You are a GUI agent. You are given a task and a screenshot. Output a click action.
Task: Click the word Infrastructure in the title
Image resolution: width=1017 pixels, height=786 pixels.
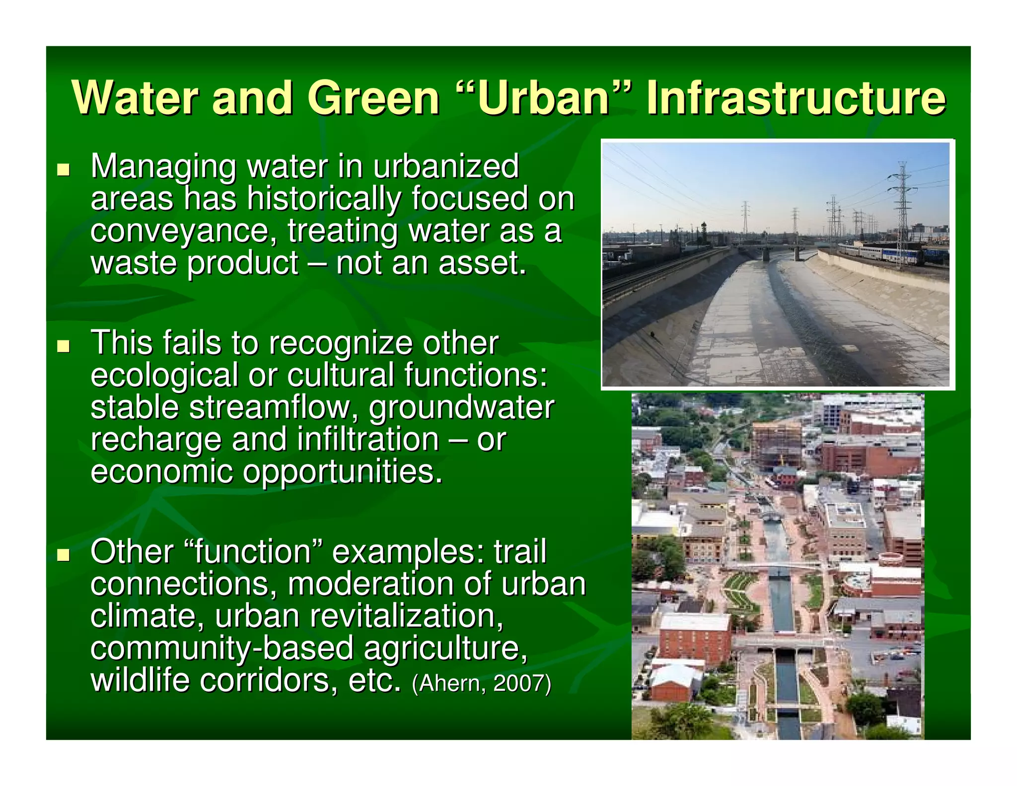click(796, 98)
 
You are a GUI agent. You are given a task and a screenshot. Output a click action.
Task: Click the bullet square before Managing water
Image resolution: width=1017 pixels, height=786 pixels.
click(63, 170)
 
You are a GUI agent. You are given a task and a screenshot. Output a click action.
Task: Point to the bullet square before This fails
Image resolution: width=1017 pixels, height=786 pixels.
click(63, 346)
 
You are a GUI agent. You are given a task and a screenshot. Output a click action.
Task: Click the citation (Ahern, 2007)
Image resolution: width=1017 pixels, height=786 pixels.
click(481, 683)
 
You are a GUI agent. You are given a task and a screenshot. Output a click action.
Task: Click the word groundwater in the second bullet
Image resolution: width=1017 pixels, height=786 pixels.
click(461, 408)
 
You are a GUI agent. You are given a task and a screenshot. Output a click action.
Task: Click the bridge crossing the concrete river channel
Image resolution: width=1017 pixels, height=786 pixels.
click(775, 247)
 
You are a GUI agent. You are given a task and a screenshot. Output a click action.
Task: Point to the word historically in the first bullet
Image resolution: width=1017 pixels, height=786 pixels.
click(324, 199)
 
